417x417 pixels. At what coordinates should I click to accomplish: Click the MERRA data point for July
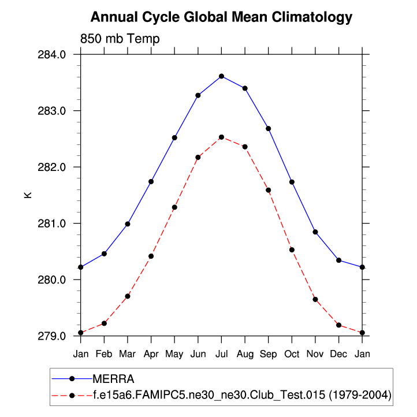click(x=221, y=76)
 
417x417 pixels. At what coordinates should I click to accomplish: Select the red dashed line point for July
click(x=221, y=137)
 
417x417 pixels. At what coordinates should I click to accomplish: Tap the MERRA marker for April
click(x=151, y=181)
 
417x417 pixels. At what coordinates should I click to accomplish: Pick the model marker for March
click(x=128, y=296)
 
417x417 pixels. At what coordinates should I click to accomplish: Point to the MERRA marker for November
click(x=315, y=232)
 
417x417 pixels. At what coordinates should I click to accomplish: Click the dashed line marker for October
click(x=292, y=250)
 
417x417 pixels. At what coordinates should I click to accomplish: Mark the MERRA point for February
click(x=104, y=254)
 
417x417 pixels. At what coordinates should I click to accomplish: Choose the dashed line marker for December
click(x=338, y=325)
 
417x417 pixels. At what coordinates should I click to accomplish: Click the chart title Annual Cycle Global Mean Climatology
click(x=221, y=17)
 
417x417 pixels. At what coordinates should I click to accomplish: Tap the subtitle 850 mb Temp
click(x=120, y=39)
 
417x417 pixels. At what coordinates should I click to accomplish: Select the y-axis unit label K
click(x=28, y=195)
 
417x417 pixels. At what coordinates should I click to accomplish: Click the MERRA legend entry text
click(x=117, y=379)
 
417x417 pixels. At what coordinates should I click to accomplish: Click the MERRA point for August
click(x=245, y=88)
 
